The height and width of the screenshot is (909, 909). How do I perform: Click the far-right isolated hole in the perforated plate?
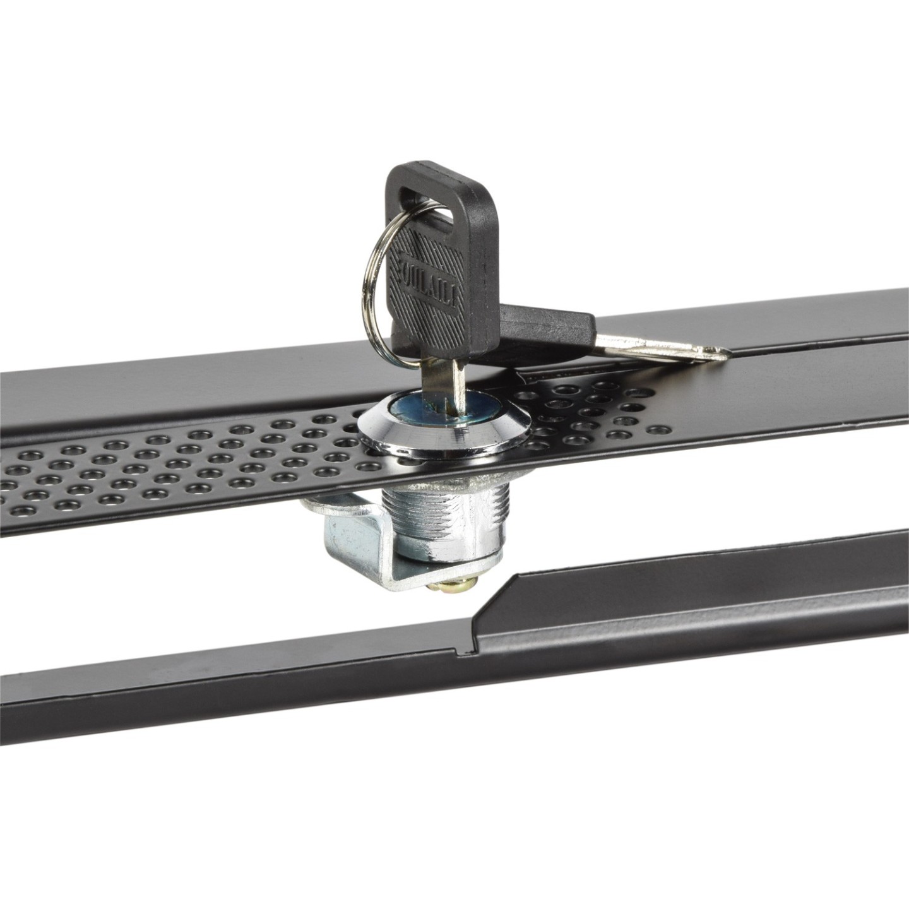[658, 429]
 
